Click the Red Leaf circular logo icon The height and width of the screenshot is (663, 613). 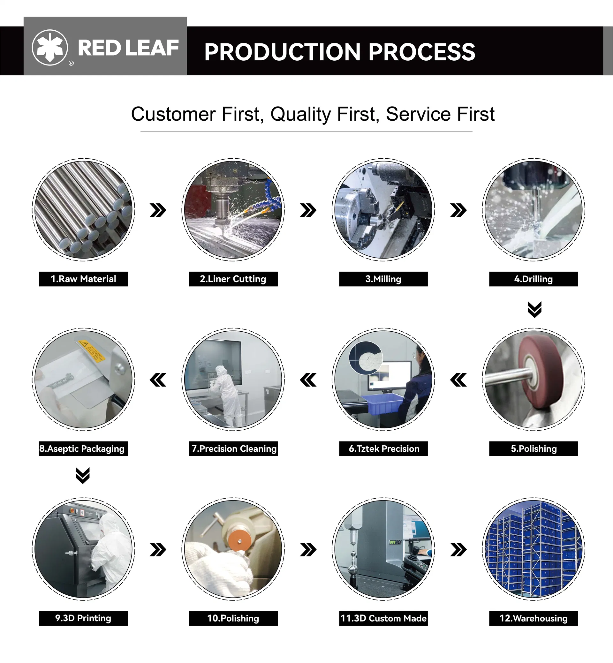click(x=50, y=48)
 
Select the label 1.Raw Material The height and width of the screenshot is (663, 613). click(x=83, y=279)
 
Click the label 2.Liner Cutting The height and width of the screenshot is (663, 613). click(x=233, y=279)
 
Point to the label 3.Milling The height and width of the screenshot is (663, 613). click(x=383, y=279)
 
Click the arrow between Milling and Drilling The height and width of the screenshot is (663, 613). click(x=458, y=210)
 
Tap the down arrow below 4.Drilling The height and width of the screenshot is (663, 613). click(x=534, y=309)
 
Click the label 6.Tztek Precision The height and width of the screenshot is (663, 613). click(x=383, y=449)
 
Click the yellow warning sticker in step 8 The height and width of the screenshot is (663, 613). click(x=92, y=350)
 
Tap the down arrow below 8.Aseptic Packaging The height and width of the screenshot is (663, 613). click(x=83, y=476)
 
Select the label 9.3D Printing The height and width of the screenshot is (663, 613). click(x=83, y=618)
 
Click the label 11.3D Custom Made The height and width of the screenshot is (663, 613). click(x=383, y=618)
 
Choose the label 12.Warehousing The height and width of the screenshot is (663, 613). click(x=533, y=618)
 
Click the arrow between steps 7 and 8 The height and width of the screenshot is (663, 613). click(x=158, y=380)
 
